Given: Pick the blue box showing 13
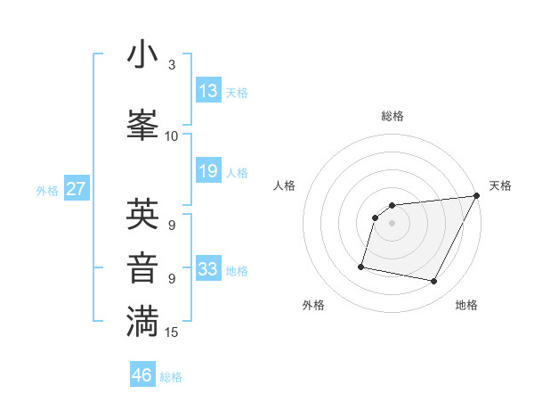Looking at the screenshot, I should pyautogui.click(x=208, y=91).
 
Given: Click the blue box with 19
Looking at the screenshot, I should pyautogui.click(x=208, y=171).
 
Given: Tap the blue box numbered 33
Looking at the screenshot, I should pyautogui.click(x=208, y=269).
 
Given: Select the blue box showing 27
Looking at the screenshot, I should pyautogui.click(x=77, y=189).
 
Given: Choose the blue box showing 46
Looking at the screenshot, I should pyautogui.click(x=142, y=375).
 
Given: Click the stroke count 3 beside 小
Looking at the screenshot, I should pyautogui.click(x=172, y=65).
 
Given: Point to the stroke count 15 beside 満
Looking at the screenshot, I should pyautogui.click(x=173, y=333).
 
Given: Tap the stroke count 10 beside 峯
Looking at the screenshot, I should pyautogui.click(x=172, y=136).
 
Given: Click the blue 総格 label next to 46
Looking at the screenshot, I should pyautogui.click(x=172, y=377).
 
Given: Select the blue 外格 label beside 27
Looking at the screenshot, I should pyautogui.click(x=46, y=190).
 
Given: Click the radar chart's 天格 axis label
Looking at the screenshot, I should pyautogui.click(x=500, y=185).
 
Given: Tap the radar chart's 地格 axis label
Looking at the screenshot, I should pyautogui.click(x=466, y=305).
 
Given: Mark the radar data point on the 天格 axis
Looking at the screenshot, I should pyautogui.click(x=476, y=196).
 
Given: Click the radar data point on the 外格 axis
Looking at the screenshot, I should pyautogui.click(x=361, y=266).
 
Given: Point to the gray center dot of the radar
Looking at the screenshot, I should pyautogui.click(x=392, y=224).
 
